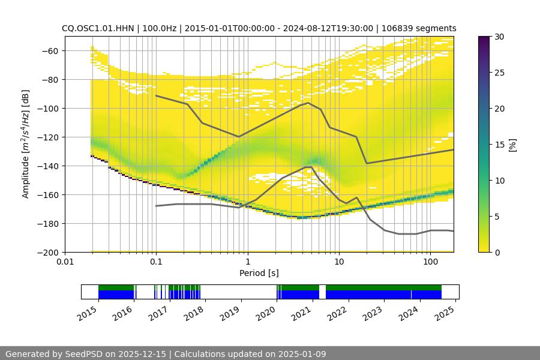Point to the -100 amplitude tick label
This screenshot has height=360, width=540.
50,108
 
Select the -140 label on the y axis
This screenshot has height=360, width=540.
50,166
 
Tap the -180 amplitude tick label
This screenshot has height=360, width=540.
50,223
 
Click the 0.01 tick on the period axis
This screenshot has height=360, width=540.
65,261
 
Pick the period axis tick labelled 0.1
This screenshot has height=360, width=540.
156,261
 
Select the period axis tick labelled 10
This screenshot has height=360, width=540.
339,261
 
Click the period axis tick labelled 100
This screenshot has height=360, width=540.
430,261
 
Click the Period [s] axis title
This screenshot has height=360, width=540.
259,273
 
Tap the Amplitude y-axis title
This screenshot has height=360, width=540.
26,144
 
